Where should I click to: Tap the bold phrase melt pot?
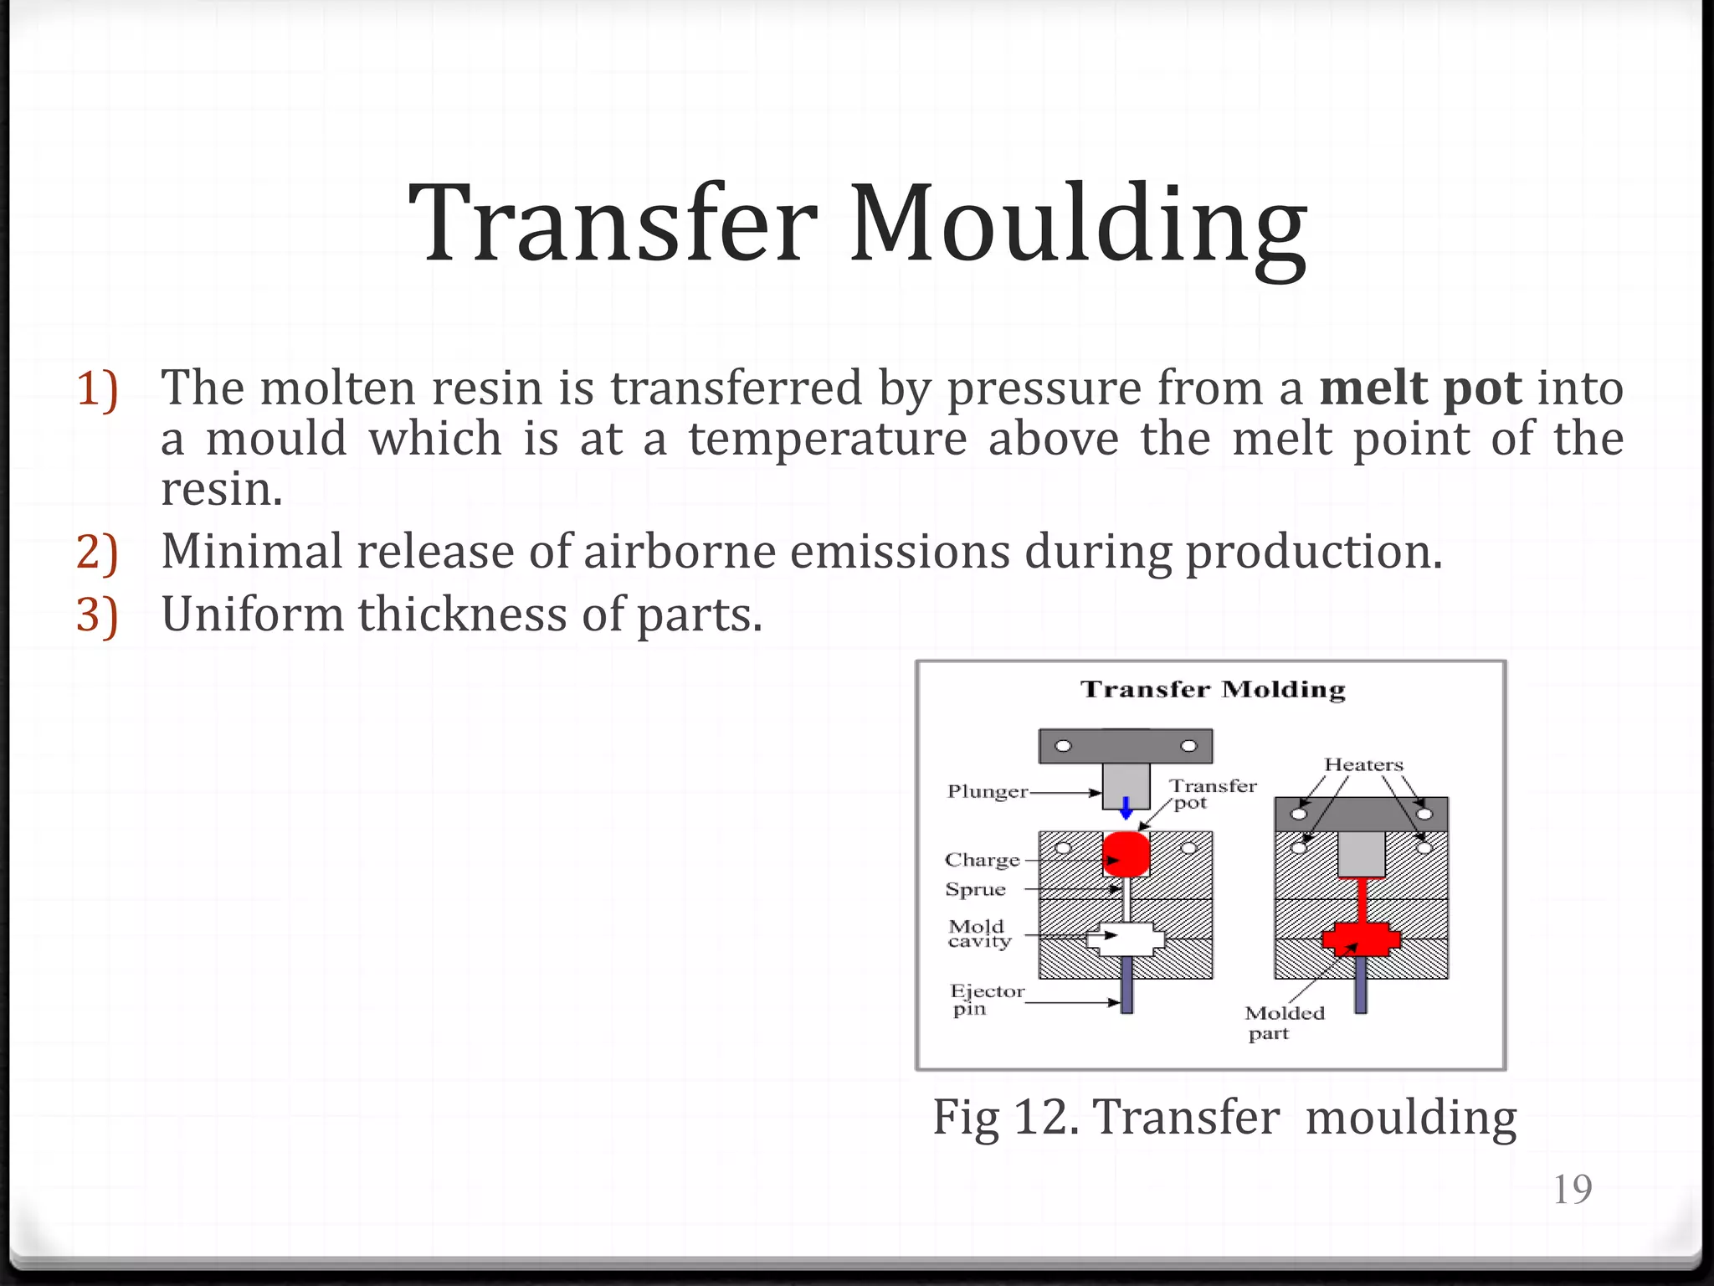[x=1419, y=388]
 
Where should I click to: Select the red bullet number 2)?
[x=97, y=553]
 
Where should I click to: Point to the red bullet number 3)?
[x=97, y=615]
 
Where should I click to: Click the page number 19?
[x=1572, y=1189]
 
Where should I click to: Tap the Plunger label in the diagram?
[x=988, y=792]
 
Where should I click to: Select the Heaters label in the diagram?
[x=1363, y=764]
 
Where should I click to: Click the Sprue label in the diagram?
[x=975, y=889]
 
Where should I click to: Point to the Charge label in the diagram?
[x=982, y=860]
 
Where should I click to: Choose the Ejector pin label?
[x=986, y=1000]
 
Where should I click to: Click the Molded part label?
[x=1284, y=1022]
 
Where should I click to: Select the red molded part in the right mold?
[x=1361, y=939]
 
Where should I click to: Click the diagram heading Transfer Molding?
[x=1213, y=690]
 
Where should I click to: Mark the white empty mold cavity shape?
[x=1126, y=939]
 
